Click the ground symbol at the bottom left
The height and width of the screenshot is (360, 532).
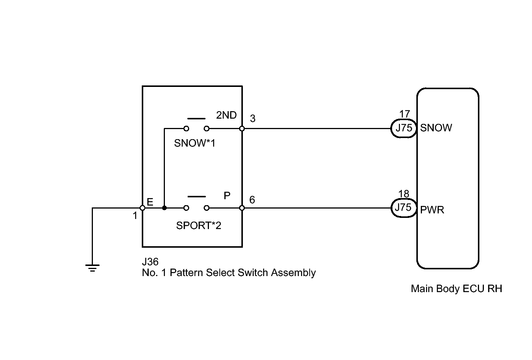coord(93,268)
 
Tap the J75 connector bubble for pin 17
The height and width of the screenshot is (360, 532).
coord(404,128)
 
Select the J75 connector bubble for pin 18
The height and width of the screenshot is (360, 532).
coord(404,208)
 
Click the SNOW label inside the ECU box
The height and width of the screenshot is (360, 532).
coord(436,128)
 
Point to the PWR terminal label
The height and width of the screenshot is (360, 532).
coord(432,210)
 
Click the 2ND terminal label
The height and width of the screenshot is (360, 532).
coord(226,115)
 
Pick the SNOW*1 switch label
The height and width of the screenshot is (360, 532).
coord(194,143)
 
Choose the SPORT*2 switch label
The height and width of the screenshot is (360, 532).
coord(198,226)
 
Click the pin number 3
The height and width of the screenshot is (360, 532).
coord(253,119)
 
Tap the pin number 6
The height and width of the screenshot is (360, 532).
coord(252,200)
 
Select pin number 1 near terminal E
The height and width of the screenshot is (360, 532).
coord(135,216)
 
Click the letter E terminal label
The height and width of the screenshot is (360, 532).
coord(150,202)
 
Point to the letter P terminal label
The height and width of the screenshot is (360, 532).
coord(227,196)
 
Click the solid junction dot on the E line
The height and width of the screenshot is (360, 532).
coord(165,208)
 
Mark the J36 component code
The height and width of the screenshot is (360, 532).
coord(150,262)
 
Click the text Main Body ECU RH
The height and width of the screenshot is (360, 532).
coord(457,289)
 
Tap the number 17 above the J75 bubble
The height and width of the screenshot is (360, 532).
coord(405,114)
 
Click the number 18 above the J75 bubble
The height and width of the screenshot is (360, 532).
coord(404,194)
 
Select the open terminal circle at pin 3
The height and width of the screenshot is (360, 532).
coord(242,128)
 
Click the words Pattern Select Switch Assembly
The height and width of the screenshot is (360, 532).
coord(243,273)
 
